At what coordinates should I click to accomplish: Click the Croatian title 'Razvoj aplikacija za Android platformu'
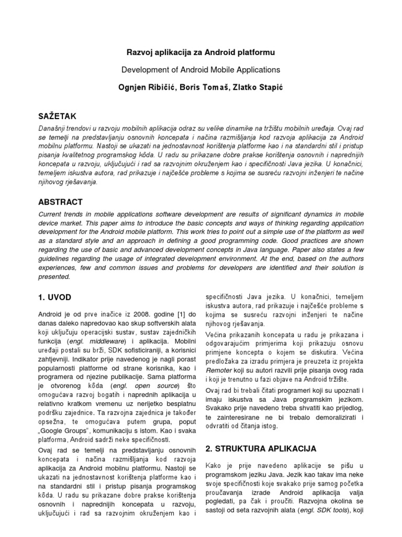tap(201, 52)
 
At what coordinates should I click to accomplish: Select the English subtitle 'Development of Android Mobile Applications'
tap(201, 69)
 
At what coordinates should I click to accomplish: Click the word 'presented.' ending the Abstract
tap(54, 276)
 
